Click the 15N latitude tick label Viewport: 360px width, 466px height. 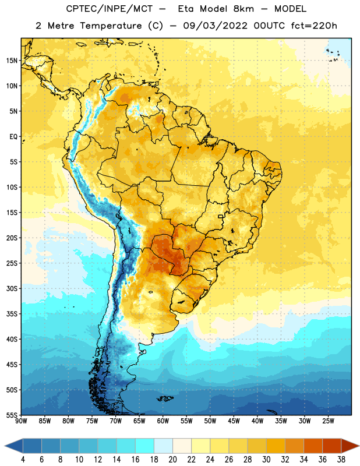coord(12,61)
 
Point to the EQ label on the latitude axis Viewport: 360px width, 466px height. coord(13,137)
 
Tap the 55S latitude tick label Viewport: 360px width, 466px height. coord(12,415)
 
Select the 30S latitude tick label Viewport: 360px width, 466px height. coord(12,288)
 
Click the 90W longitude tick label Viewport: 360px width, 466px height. coord(21,421)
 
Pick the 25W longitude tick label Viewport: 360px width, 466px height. coord(328,421)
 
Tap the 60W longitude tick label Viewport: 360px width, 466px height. coord(163,421)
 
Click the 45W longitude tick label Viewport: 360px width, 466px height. coord(234,421)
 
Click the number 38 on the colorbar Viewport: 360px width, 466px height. coord(341,460)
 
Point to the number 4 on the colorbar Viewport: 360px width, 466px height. coord(23,460)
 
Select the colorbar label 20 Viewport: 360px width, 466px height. coord(172,460)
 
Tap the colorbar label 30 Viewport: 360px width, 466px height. coord(266,460)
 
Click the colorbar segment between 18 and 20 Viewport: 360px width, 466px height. coord(164,446)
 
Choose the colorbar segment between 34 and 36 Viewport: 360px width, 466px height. coord(313,446)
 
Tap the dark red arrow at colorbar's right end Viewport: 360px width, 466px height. coord(350,446)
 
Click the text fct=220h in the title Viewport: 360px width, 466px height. coord(314,26)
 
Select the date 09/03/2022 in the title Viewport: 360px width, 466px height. coord(215,26)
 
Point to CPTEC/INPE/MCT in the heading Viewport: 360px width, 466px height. coord(110,9)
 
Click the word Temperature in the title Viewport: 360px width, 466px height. coord(111,26)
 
